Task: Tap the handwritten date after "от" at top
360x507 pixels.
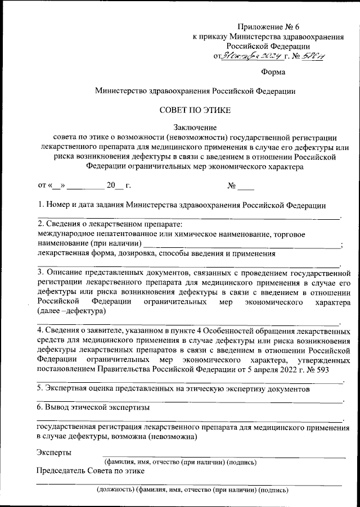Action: (x=249, y=56)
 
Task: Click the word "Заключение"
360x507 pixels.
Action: (x=194, y=128)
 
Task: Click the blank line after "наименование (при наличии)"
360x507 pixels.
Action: (x=242, y=244)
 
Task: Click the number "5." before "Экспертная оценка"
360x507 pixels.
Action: (x=40, y=389)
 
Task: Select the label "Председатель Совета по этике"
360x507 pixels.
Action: (x=91, y=470)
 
